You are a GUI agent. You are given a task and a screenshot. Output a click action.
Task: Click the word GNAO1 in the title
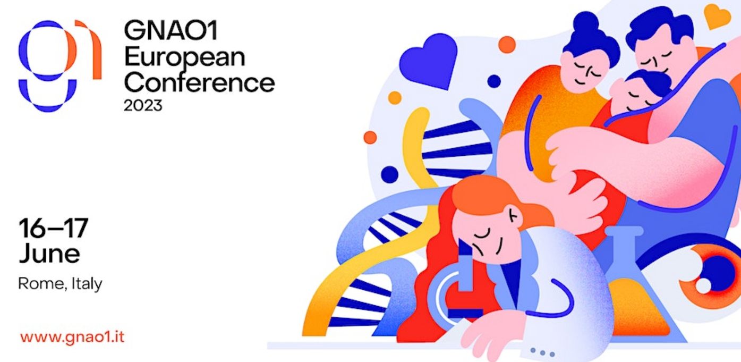pos(171,30)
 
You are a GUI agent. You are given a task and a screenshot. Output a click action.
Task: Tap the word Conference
pos(200,82)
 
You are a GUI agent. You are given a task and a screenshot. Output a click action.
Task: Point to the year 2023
pos(143,106)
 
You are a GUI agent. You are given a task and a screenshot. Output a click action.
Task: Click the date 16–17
pos(54,228)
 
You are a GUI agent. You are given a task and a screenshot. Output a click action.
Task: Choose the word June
pos(49,254)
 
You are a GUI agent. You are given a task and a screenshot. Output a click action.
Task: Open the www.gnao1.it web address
pos(72,337)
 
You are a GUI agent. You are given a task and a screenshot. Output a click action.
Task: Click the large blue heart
pos(428,61)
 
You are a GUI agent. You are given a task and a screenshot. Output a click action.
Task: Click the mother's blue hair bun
pos(586,23)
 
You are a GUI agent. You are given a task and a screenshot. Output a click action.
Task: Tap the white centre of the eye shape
pos(703,286)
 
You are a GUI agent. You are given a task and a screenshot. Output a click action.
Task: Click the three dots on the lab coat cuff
pos(542,352)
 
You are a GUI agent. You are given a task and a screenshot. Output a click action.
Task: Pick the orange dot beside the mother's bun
pos(507,45)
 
